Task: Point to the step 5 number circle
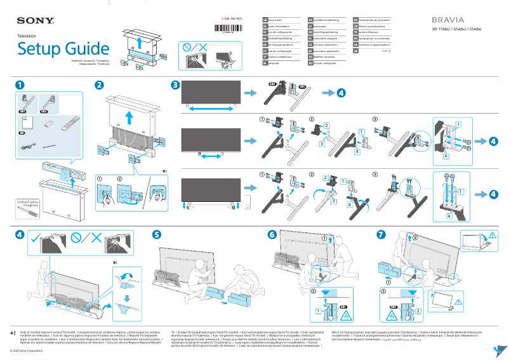click(x=157, y=235)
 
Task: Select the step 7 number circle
click(x=381, y=235)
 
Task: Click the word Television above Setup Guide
click(x=26, y=37)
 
